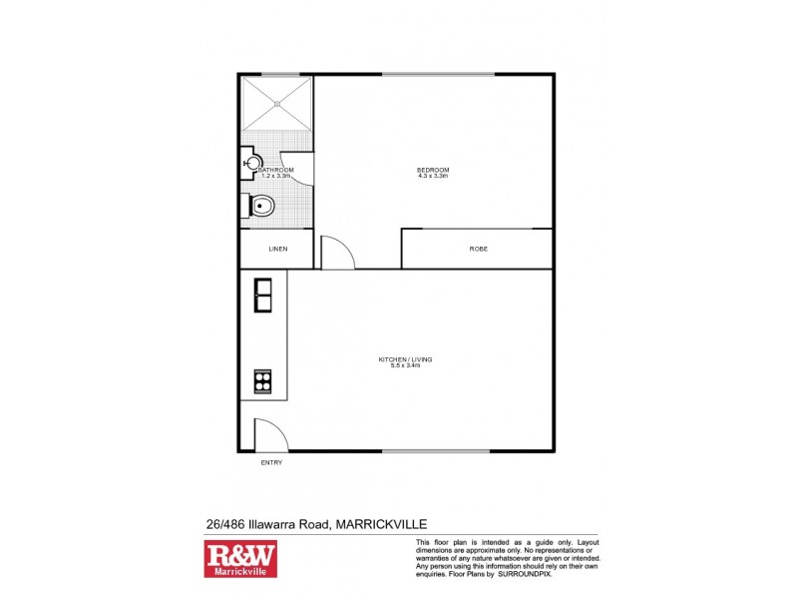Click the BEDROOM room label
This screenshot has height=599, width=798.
coord(433,170)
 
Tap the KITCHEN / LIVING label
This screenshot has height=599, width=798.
coord(405,358)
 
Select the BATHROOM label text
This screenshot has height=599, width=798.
coord(276,170)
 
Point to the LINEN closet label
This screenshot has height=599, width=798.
coord(278,249)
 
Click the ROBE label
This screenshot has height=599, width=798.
coord(479,249)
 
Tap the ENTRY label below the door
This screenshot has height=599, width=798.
coord(271,463)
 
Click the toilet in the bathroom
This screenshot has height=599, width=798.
coord(259,207)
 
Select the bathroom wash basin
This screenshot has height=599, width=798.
coord(252,162)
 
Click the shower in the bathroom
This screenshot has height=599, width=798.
coord(276,103)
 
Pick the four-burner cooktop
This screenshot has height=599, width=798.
coord(264,380)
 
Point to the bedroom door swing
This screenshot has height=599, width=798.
coord(337,251)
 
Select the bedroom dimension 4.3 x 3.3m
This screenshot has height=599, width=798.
coord(433,177)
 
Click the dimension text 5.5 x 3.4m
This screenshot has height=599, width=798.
coord(405,365)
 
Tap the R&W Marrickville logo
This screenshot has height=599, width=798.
coord(240,560)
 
